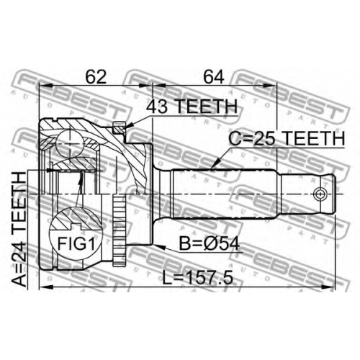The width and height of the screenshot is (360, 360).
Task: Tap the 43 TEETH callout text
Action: pyautogui.click(x=192, y=107)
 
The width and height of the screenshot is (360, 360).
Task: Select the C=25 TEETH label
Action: pyautogui.click(x=287, y=138)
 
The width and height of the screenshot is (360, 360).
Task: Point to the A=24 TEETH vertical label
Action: pyautogui.click(x=19, y=229)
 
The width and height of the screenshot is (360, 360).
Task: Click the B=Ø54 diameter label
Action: pyautogui.click(x=210, y=244)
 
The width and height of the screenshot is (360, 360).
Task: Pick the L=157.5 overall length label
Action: pyautogui.click(x=197, y=278)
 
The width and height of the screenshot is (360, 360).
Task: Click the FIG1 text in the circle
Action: pyautogui.click(x=76, y=243)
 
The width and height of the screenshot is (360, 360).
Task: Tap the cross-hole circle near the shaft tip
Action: pyautogui.click(x=320, y=194)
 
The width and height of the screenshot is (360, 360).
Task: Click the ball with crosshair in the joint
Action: pyautogui.click(x=70, y=144)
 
